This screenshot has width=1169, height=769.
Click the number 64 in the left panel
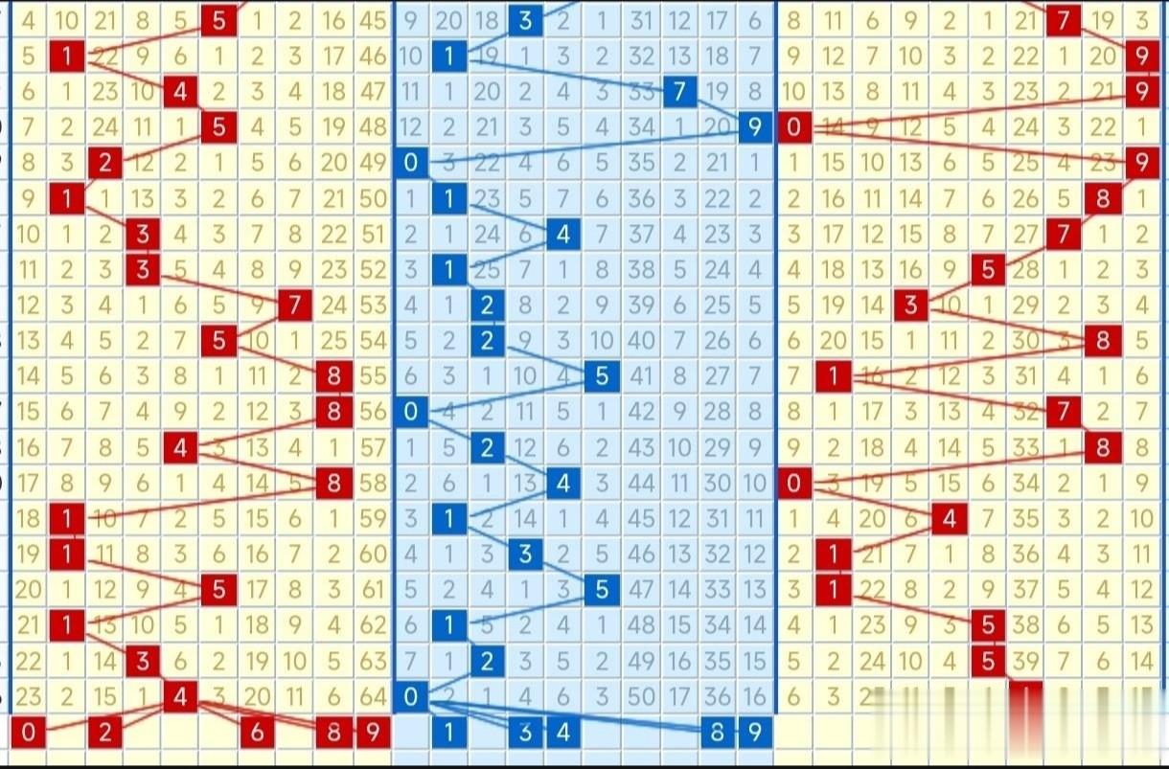pyautogui.click(x=372, y=697)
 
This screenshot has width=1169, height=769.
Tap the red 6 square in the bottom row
pyautogui.click(x=257, y=734)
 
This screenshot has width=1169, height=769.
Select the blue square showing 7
pyautogui.click(x=678, y=91)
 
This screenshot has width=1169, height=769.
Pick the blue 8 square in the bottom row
pyautogui.click(x=717, y=734)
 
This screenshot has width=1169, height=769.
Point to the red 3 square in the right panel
pyautogui.click(x=910, y=306)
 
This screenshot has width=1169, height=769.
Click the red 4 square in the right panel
pyautogui.click(x=949, y=519)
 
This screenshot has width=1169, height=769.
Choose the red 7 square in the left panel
pyautogui.click(x=295, y=306)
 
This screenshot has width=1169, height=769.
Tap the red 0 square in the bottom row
pyautogui.click(x=29, y=734)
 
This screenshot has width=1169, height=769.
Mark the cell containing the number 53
pyautogui.click(x=372, y=306)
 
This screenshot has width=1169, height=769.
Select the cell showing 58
pyautogui.click(x=372, y=484)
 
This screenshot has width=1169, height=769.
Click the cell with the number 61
pyautogui.click(x=372, y=591)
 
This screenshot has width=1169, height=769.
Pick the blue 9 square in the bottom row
pyautogui.click(x=755, y=734)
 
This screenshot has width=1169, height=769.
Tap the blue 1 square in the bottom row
pyautogui.click(x=448, y=734)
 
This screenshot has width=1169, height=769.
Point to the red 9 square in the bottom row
pyautogui.click(x=372, y=734)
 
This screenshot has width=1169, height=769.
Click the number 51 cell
pyautogui.click(x=372, y=235)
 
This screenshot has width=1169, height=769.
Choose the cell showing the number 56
pyautogui.click(x=372, y=413)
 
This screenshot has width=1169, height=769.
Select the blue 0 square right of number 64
pyautogui.click(x=411, y=697)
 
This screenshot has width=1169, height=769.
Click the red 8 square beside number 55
pyautogui.click(x=333, y=377)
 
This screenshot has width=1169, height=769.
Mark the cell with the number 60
pyautogui.click(x=372, y=554)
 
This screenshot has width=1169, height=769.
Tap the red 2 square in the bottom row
pyautogui.click(x=105, y=734)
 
